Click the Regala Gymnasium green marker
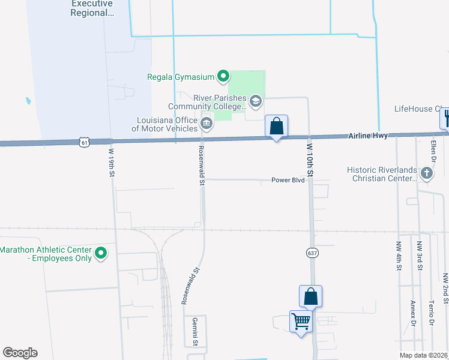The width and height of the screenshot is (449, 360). coord(223,76)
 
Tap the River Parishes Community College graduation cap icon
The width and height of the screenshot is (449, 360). coord(256,101)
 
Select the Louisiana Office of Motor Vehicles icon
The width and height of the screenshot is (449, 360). coord(206,124)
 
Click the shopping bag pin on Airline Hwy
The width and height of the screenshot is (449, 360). coord(276,127)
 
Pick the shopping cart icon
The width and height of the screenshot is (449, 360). coord(301,321)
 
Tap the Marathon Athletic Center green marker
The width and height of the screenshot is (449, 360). coord(101,254)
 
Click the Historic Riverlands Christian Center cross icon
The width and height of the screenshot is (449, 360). coord(426,174)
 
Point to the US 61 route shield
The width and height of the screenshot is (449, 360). coord(84,142)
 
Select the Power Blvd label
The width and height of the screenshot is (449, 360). coord(288,180)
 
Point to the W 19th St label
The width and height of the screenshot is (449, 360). coord(112,162)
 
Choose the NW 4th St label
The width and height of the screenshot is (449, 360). coord(398,256)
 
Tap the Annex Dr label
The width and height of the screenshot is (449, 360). coord(412,313)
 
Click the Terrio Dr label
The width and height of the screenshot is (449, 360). coord(432,313)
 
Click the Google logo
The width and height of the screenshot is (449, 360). coord(20,353)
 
